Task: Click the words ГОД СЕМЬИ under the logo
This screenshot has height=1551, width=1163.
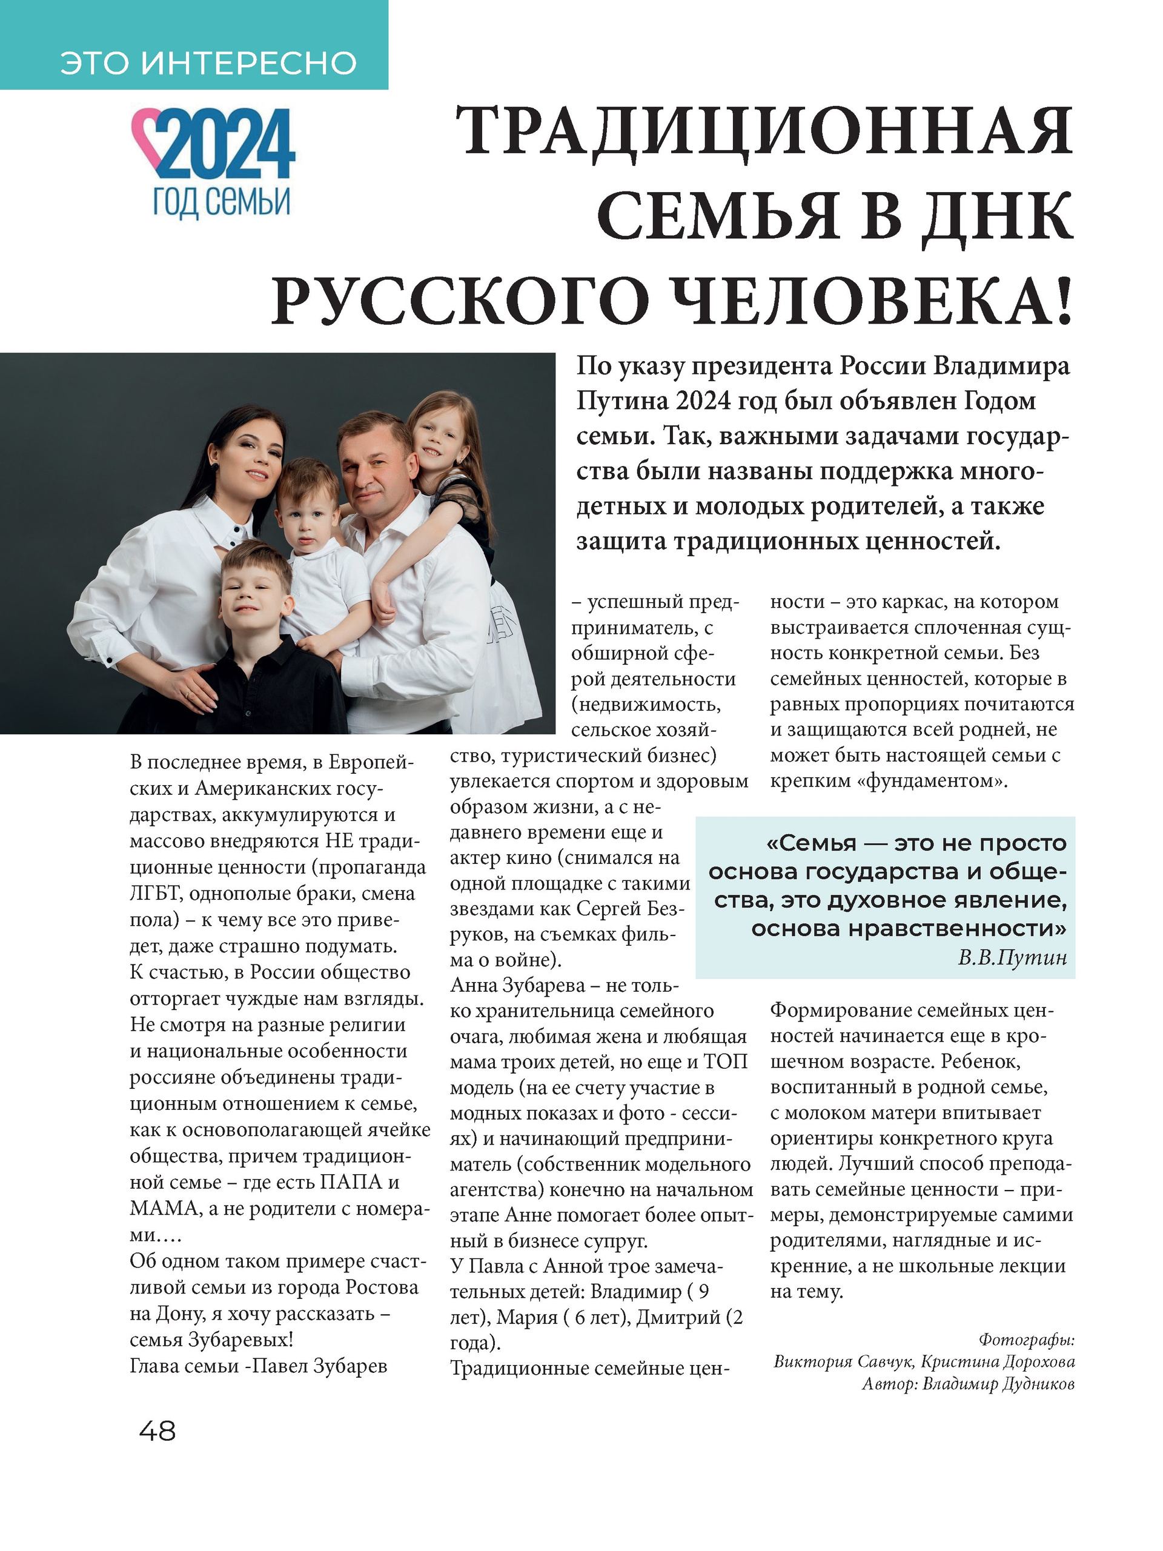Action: pyautogui.click(x=222, y=202)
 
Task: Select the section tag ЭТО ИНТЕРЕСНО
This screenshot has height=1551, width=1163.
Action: pyautogui.click(x=208, y=63)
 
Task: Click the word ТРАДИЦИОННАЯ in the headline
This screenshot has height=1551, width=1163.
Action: pyautogui.click(x=764, y=132)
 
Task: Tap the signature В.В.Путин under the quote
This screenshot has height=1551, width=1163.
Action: pyautogui.click(x=1012, y=957)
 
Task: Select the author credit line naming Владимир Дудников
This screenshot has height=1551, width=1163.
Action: pyautogui.click(x=967, y=1383)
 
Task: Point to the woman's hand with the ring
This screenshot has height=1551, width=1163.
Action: pyautogui.click(x=188, y=691)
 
